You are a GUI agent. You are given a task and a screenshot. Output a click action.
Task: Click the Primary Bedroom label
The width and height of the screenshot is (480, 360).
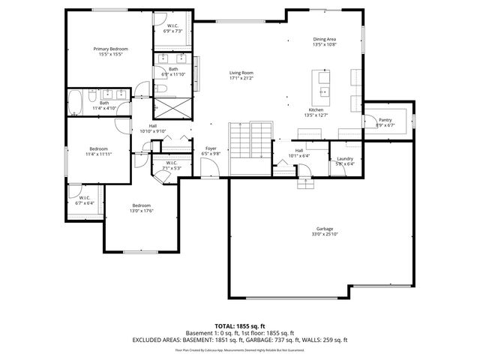click(x=108, y=49)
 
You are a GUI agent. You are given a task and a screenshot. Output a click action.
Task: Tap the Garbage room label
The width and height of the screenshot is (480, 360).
click(x=324, y=229)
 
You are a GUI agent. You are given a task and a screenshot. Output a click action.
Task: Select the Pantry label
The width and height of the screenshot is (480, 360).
click(x=385, y=119)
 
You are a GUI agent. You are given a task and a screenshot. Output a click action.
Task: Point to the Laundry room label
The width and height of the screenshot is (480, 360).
click(x=345, y=158)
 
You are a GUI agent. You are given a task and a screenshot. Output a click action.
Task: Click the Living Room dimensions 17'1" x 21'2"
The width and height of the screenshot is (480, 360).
click(x=241, y=78)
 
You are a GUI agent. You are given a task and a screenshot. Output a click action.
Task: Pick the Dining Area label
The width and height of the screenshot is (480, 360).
click(x=324, y=39)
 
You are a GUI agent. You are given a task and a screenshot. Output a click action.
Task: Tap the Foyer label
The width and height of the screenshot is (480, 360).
click(x=211, y=148)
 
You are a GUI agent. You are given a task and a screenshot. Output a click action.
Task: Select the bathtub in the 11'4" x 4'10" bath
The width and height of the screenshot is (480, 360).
click(x=76, y=102)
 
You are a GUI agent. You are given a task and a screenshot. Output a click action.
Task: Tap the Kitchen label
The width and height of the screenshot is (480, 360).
click(x=315, y=109)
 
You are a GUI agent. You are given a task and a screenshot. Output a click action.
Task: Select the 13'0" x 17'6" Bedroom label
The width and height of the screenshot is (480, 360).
click(x=142, y=205)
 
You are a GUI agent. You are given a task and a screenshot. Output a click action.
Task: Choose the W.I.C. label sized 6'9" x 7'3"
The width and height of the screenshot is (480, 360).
click(x=172, y=28)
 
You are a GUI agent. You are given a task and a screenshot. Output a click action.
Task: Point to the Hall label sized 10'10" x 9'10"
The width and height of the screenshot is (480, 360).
click(x=152, y=125)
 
